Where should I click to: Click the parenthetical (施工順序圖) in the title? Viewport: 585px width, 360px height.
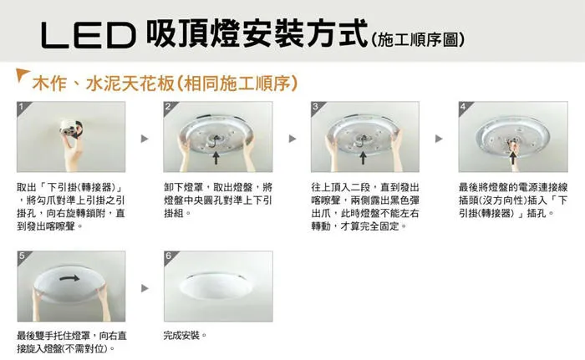click(x=417, y=39)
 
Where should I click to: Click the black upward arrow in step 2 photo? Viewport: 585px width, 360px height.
click(x=218, y=155)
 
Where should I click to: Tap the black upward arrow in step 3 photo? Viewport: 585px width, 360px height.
click(x=364, y=155)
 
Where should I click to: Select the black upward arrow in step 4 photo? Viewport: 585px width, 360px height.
click(x=513, y=155)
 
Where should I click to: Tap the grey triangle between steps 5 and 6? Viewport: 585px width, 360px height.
click(x=145, y=288)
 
